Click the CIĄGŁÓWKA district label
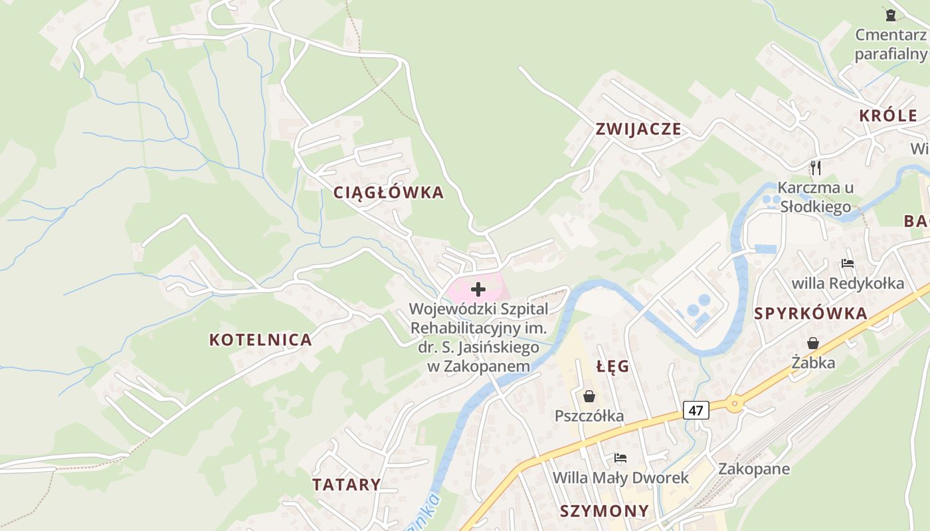(x=388, y=193)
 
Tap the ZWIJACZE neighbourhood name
(x=638, y=129)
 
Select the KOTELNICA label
(x=260, y=340)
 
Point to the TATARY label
(x=347, y=485)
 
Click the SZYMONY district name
(x=604, y=511)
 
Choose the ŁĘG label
(x=612, y=366)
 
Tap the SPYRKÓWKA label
(x=811, y=314)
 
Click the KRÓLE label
(x=888, y=115)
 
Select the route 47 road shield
(x=696, y=410)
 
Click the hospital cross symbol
(x=478, y=289)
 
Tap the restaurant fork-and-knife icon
(x=816, y=167)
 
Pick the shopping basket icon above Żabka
(x=813, y=343)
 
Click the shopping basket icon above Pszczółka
(x=589, y=396)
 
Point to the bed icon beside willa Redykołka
(x=847, y=264)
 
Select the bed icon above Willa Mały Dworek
(x=620, y=458)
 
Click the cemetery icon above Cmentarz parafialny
(x=891, y=15)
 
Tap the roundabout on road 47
(x=734, y=403)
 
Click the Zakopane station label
(x=754, y=469)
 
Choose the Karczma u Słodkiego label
(x=816, y=196)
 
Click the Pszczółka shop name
(x=589, y=416)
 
